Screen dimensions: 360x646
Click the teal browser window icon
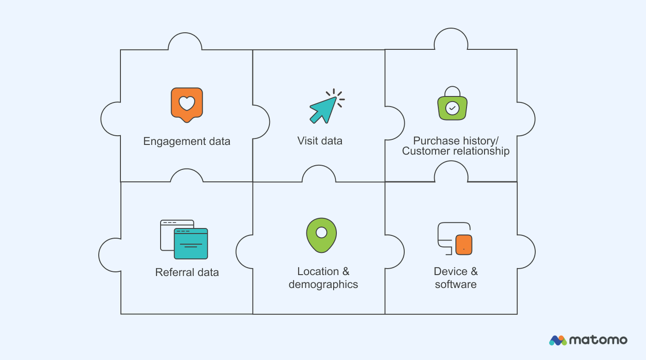(x=191, y=243)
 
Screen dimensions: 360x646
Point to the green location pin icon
(x=321, y=235)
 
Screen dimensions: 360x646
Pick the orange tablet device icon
(x=464, y=245)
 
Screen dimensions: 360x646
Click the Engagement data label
(x=186, y=141)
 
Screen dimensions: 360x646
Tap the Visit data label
(x=320, y=141)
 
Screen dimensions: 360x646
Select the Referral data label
(x=187, y=272)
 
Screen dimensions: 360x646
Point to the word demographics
(x=323, y=284)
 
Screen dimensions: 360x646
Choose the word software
(x=455, y=284)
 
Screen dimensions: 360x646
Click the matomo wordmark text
(x=598, y=340)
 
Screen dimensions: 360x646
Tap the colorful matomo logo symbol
(x=558, y=341)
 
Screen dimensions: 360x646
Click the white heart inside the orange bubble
(x=186, y=103)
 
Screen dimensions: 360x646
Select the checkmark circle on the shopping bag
(x=452, y=108)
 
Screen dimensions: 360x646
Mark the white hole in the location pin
(x=321, y=232)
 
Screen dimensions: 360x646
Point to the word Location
(x=317, y=271)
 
